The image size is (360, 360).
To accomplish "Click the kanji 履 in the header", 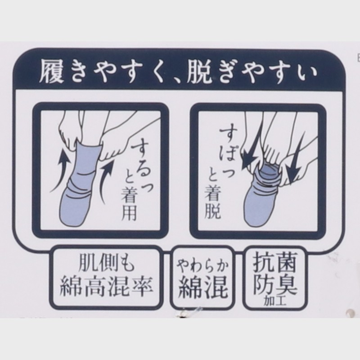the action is [x=52, y=71].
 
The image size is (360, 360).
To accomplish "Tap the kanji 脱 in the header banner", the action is [x=199, y=71].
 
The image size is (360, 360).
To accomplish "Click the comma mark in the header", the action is [x=178, y=78].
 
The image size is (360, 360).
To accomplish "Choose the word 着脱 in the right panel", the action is [x=212, y=202].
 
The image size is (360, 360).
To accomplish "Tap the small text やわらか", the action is [x=202, y=267].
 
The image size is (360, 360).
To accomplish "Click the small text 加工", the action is [x=275, y=301].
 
